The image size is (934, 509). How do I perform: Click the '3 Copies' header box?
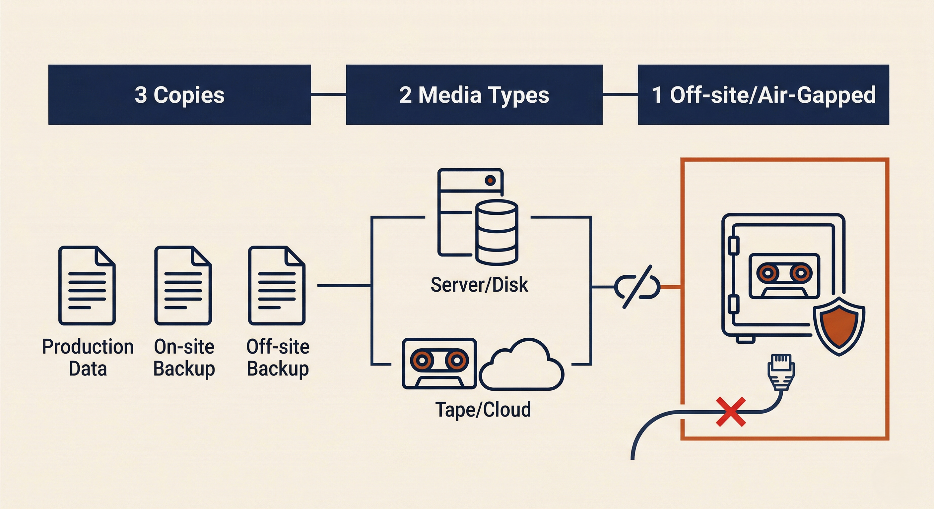point(179,95)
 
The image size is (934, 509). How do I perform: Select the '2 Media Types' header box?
point(474,95)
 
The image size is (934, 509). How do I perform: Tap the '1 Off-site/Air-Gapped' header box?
point(763,95)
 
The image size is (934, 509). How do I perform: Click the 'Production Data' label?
point(88,358)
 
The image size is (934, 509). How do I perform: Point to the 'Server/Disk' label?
point(479,285)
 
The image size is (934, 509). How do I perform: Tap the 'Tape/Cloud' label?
point(483,409)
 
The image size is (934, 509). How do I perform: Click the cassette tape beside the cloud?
point(439,364)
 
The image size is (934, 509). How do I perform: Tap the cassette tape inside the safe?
point(784,276)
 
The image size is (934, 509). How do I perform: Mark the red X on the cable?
point(731,412)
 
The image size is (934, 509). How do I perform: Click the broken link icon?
point(637,287)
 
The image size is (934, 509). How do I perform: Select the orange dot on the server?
point(490,180)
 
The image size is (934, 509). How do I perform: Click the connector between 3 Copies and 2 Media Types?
point(328,94)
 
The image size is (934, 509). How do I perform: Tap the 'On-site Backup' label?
point(184,358)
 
